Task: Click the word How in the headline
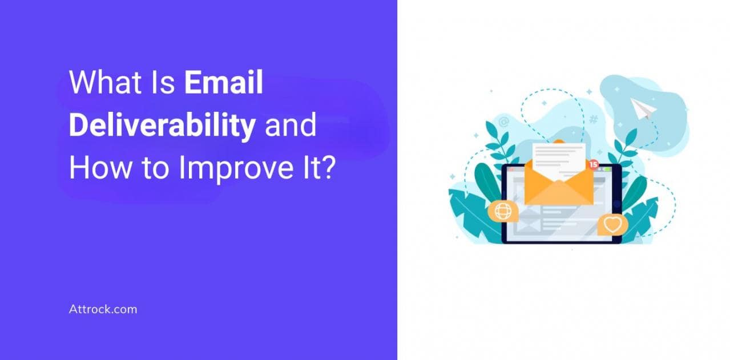pyautogui.click(x=100, y=168)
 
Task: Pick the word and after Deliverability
pyautogui.click(x=291, y=125)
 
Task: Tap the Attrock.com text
pyautogui.click(x=103, y=309)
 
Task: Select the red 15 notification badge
pyautogui.click(x=594, y=164)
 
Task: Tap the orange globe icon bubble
pyautogui.click(x=503, y=211)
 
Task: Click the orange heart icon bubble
pyautogui.click(x=612, y=224)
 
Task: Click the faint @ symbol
pyautogui.click(x=504, y=122)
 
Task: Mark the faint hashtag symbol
pyautogui.click(x=594, y=119)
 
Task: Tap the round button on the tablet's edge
pyautogui.click(x=617, y=204)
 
